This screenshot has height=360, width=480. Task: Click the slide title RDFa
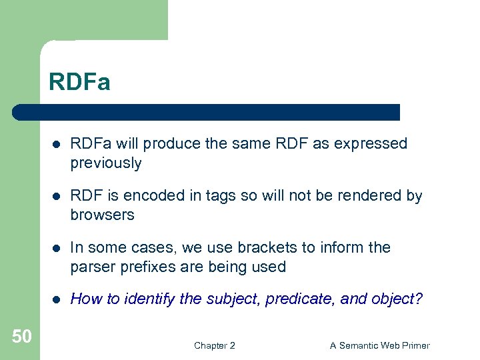[79, 83]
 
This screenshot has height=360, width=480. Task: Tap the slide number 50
[21, 337]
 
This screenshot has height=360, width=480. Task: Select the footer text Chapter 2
[214, 345]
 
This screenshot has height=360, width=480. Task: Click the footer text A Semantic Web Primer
[380, 345]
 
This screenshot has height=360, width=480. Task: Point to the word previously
[106, 163]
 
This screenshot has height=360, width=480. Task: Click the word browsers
[103, 215]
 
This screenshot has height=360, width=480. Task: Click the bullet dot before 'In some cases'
[58, 248]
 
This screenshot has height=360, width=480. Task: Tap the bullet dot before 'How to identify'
[58, 299]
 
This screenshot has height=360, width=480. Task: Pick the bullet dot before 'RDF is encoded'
[58, 196]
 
